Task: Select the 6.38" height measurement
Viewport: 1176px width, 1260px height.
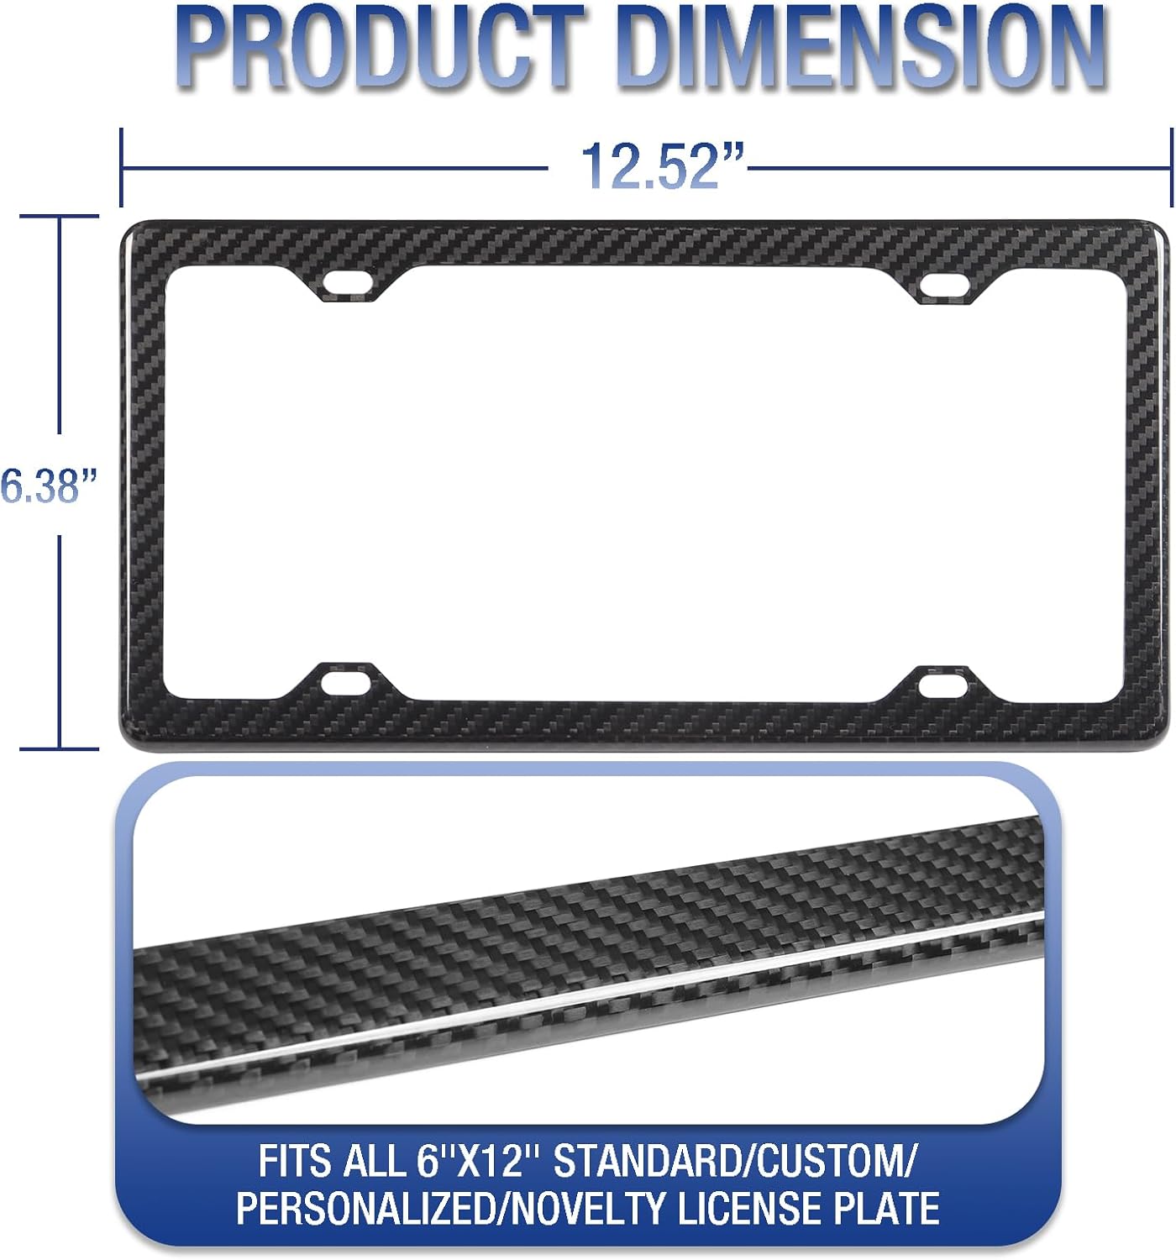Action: (x=49, y=486)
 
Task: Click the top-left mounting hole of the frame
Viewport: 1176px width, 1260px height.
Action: (x=348, y=282)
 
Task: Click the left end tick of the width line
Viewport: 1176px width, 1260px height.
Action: (x=122, y=167)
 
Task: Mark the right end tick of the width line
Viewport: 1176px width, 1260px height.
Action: (x=1170, y=167)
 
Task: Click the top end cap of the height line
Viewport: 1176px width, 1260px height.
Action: (x=60, y=216)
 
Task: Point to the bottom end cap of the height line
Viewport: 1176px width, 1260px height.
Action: (x=60, y=748)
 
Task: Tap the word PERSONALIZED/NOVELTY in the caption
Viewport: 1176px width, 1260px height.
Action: (x=451, y=1209)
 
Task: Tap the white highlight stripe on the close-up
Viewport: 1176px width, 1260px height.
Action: (x=588, y=995)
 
